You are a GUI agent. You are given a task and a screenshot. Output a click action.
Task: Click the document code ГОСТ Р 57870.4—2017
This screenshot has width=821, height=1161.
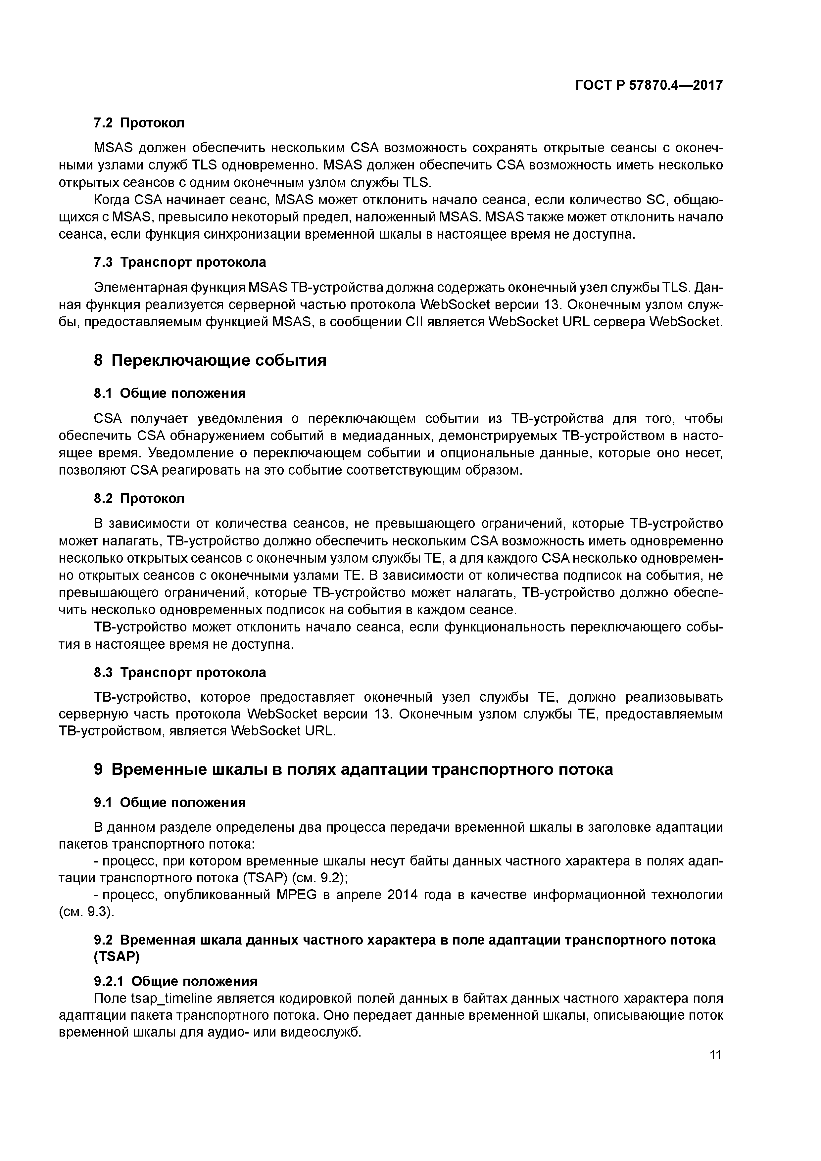(x=649, y=85)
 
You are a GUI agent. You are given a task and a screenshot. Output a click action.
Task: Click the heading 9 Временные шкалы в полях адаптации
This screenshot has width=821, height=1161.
(x=353, y=769)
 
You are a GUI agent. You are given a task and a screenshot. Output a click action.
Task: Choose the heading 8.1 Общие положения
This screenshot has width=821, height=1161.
(x=170, y=394)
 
